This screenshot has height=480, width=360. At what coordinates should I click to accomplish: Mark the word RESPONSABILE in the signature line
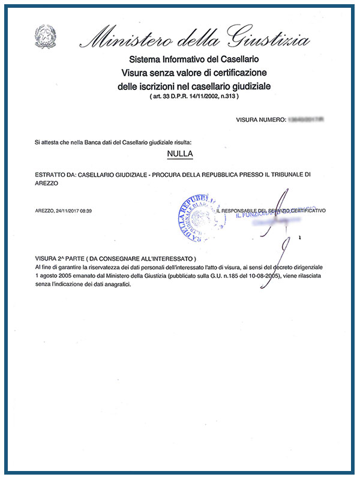246,211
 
